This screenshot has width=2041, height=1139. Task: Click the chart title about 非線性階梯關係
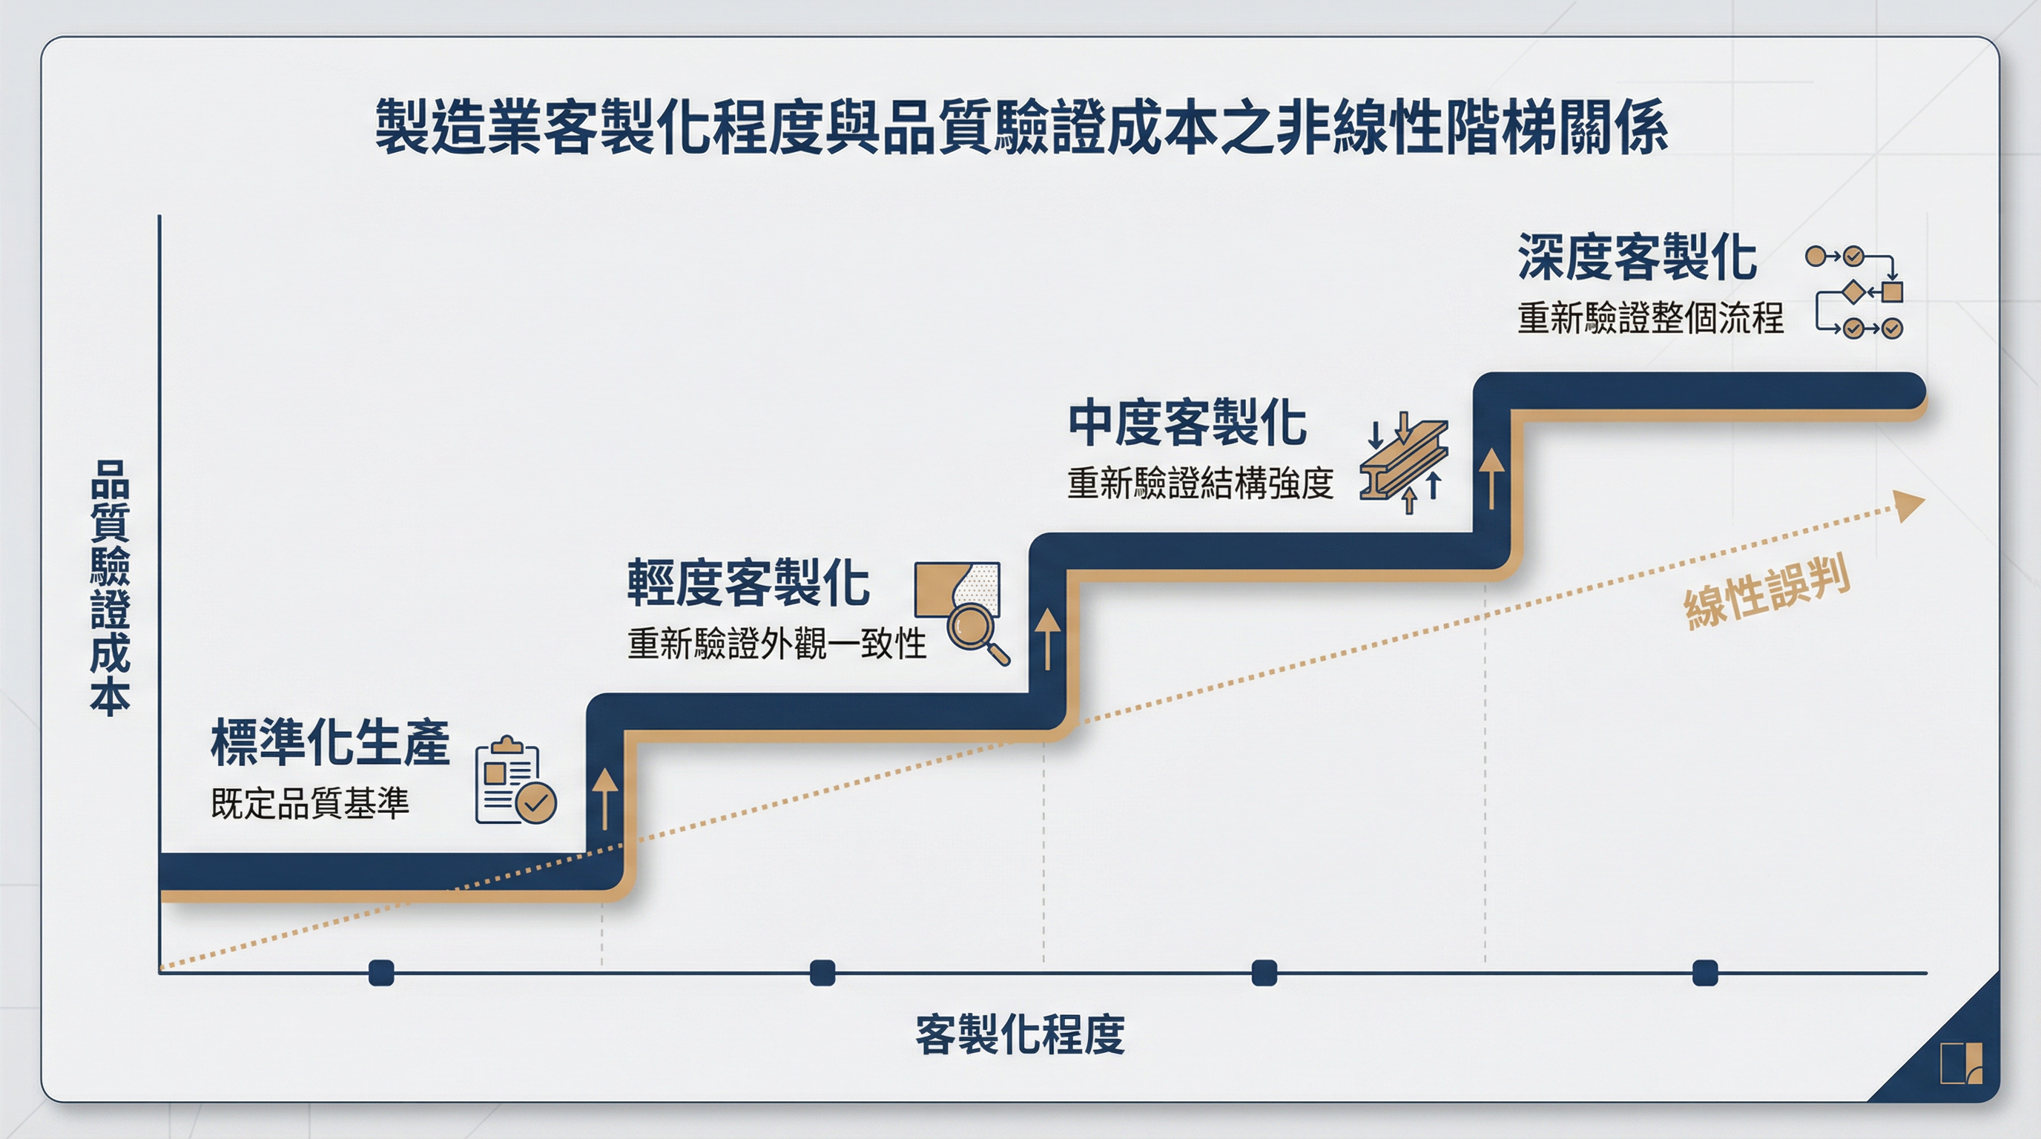1020,127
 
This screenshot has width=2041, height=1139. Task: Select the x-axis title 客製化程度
1020,1034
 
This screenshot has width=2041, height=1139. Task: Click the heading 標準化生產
329,742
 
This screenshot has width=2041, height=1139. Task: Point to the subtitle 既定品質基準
310,803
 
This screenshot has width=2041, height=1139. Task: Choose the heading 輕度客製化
748,583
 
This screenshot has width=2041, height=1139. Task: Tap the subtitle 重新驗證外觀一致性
776,643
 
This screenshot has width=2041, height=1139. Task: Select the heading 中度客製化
1187,423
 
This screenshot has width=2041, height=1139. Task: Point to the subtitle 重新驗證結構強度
1199,483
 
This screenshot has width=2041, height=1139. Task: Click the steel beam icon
1403,464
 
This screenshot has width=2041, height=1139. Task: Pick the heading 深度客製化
1637,257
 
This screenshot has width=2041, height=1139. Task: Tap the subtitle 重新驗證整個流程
1650,318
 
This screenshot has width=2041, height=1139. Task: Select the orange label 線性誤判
1767,593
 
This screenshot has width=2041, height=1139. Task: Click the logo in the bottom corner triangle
1961,1063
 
